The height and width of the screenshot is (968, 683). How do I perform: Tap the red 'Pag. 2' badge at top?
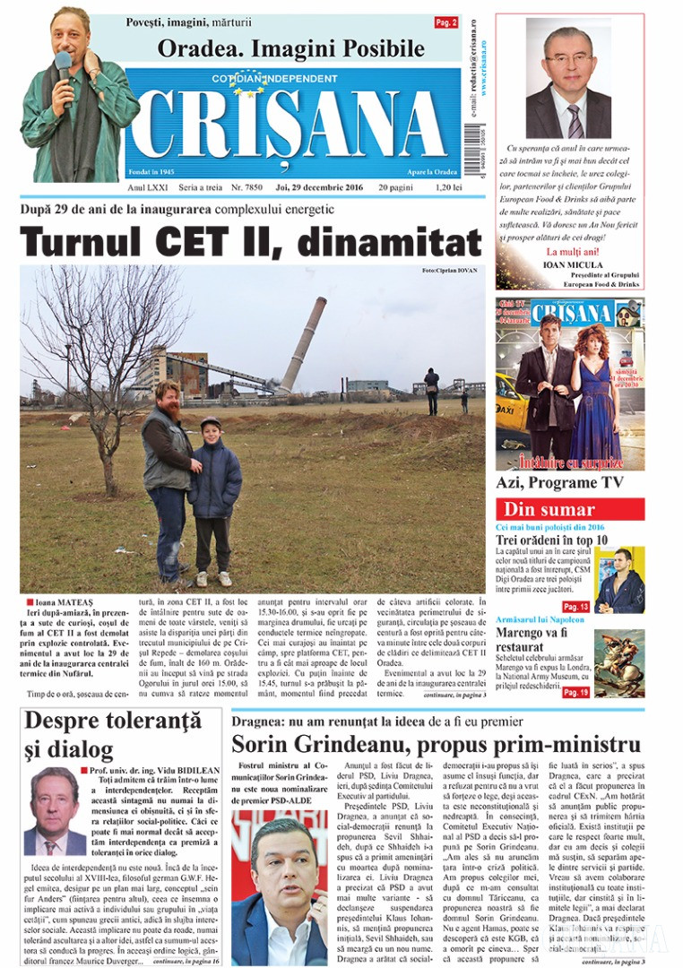click(446, 22)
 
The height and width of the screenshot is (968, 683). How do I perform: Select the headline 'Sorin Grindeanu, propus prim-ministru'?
click(436, 744)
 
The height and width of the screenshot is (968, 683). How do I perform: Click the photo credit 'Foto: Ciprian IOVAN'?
click(449, 270)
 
